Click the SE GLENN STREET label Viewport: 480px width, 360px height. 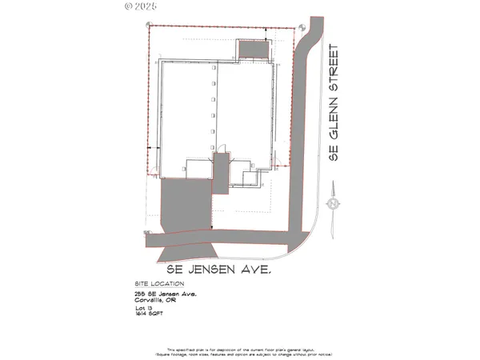tap(336, 102)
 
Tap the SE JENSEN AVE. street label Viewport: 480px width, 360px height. tap(218, 270)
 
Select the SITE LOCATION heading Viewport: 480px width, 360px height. tap(159, 284)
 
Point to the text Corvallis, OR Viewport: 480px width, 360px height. tap(159, 301)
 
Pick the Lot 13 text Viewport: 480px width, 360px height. tap(145, 310)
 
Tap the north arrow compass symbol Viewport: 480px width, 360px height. tap(330, 205)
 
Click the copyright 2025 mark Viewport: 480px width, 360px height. tap(142, 6)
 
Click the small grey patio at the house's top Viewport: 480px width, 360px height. tap(254, 50)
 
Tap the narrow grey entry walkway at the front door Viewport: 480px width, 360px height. tap(220, 172)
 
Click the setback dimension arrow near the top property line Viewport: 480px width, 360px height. tap(266, 32)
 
